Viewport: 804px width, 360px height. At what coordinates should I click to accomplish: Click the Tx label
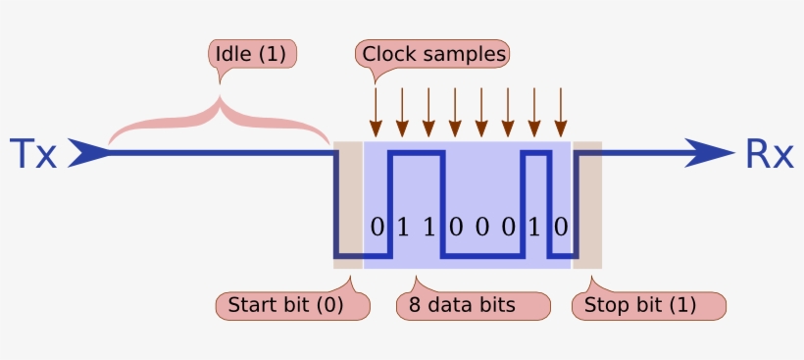32,155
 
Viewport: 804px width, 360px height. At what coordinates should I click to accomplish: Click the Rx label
770,155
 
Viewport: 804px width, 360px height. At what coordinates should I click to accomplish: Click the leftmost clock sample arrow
375,111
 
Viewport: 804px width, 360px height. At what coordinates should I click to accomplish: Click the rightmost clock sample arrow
560,111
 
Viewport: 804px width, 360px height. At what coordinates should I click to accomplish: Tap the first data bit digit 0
377,228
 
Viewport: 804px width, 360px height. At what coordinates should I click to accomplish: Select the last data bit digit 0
561,228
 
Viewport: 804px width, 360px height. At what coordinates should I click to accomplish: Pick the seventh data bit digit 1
534,228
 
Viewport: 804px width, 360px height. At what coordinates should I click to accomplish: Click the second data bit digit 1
402,228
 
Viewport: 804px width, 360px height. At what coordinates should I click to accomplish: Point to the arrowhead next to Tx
89,153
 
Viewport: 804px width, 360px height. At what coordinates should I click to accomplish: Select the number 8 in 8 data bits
414,305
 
